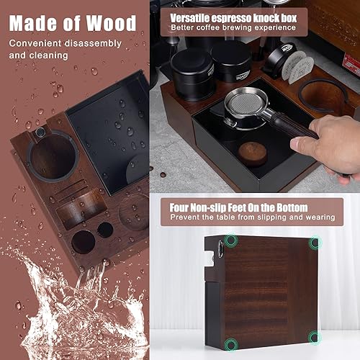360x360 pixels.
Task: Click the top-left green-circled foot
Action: pyautogui.click(x=230, y=242)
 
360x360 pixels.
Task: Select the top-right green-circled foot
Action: pyautogui.click(x=315, y=243)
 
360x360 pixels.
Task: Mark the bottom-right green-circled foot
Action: pyautogui.click(x=314, y=336)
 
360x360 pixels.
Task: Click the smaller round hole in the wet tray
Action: pyautogui.click(x=105, y=230)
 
